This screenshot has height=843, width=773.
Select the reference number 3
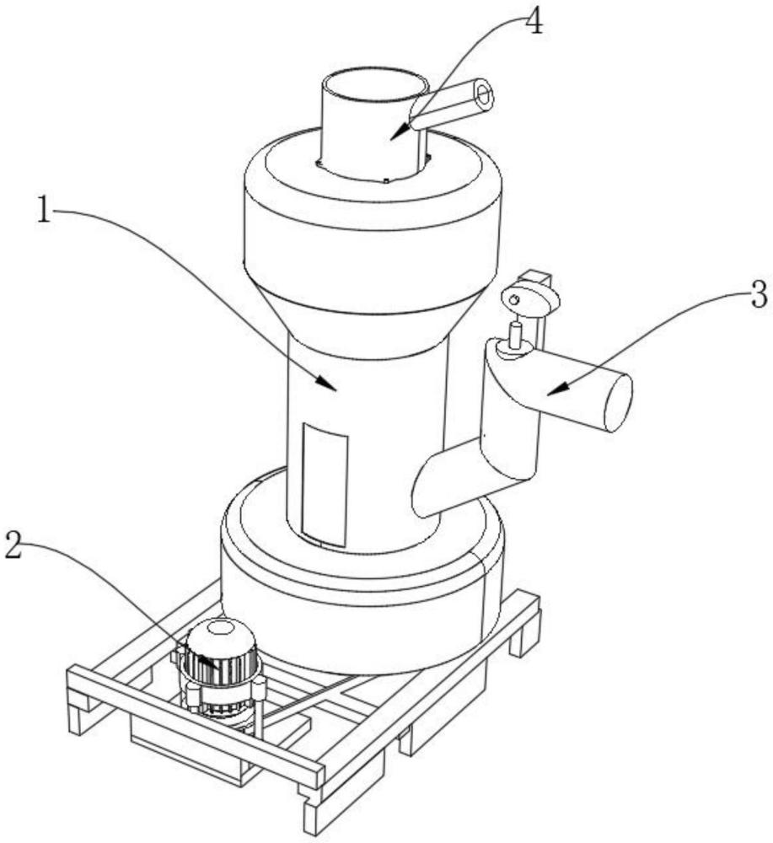click(x=756, y=294)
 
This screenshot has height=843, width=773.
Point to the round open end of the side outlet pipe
click(x=619, y=402)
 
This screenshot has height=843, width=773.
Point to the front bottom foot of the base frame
click(x=311, y=809)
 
